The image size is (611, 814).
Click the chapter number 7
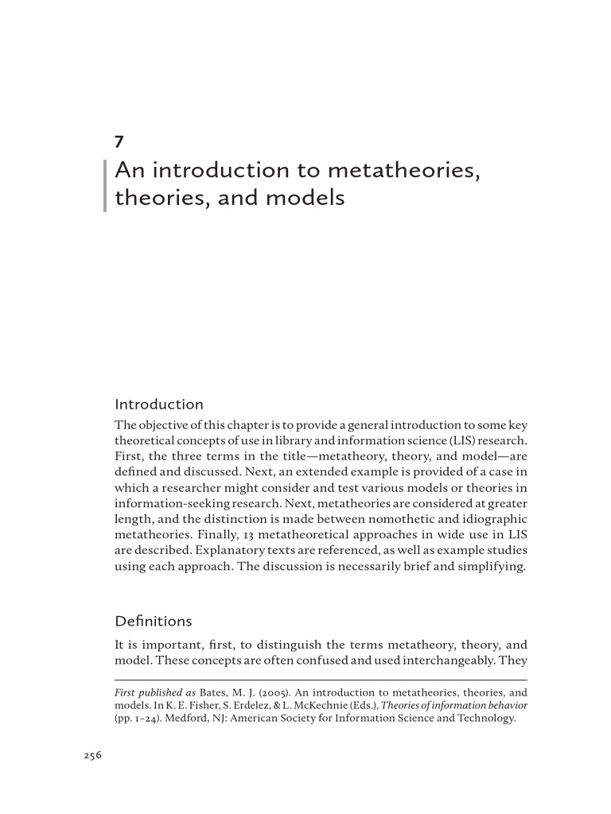click(119, 143)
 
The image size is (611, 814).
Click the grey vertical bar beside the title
click(105, 184)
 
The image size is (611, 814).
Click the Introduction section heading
click(159, 404)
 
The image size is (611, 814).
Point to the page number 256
click(93, 756)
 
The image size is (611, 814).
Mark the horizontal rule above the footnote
click(321, 680)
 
